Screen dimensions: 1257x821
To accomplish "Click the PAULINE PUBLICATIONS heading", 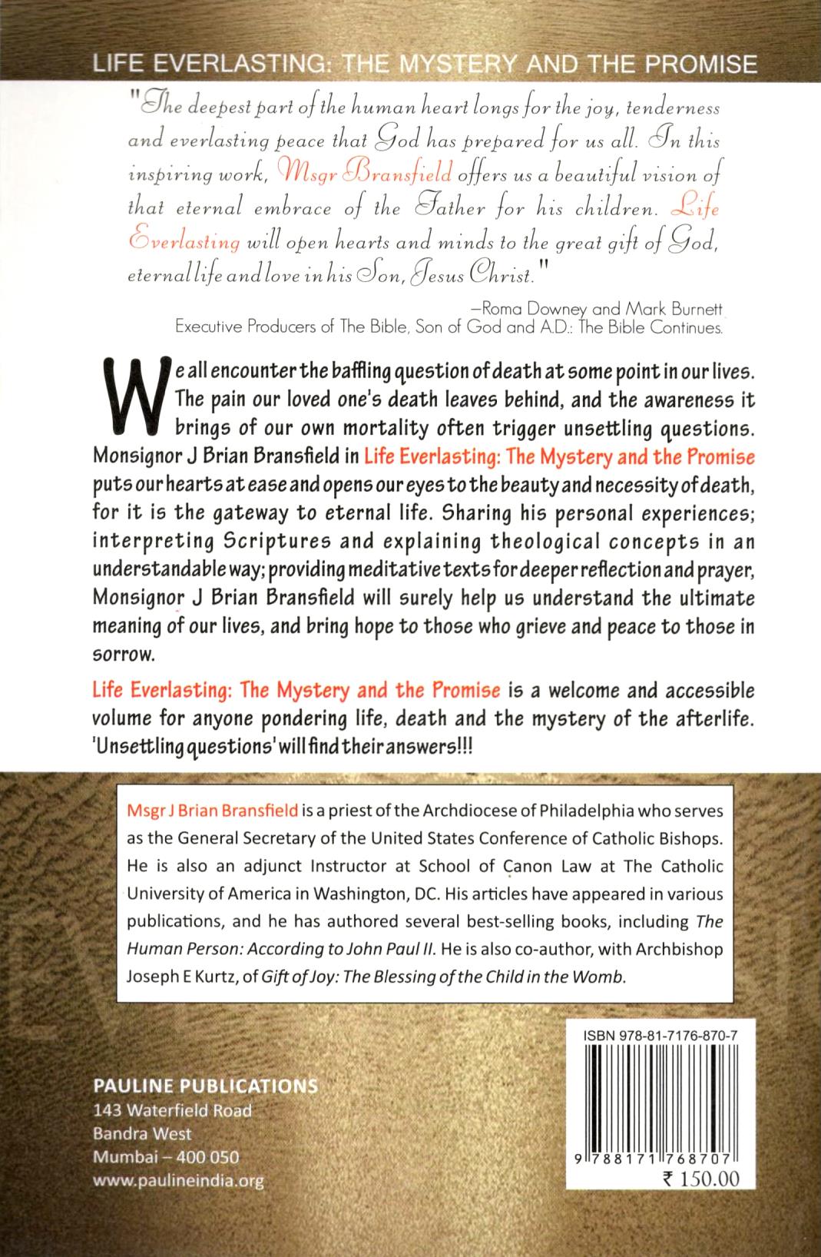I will click(204, 1086).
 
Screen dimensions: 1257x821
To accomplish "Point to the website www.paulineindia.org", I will click(177, 1182).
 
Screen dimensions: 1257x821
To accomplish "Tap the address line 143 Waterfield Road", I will click(171, 1110).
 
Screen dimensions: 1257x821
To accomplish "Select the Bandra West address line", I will click(141, 1133).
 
